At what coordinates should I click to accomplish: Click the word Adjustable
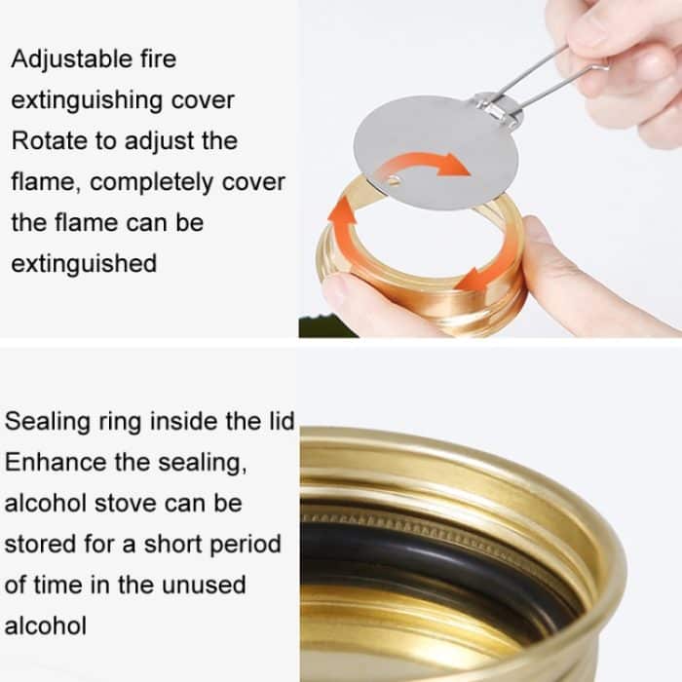tap(72, 60)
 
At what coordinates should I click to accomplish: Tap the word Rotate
tap(50, 141)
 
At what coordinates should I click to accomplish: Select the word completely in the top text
tap(151, 183)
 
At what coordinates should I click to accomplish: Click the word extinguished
tap(84, 264)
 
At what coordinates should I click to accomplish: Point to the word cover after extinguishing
tap(203, 100)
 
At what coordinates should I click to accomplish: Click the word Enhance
tap(56, 463)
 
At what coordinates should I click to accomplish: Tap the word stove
tap(126, 504)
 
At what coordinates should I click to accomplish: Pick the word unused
tap(203, 585)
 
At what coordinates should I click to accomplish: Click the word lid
tap(282, 421)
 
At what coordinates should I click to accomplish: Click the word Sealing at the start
tap(48, 422)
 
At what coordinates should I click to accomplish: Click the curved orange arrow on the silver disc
tap(422, 165)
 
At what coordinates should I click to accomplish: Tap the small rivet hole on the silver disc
tap(394, 180)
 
